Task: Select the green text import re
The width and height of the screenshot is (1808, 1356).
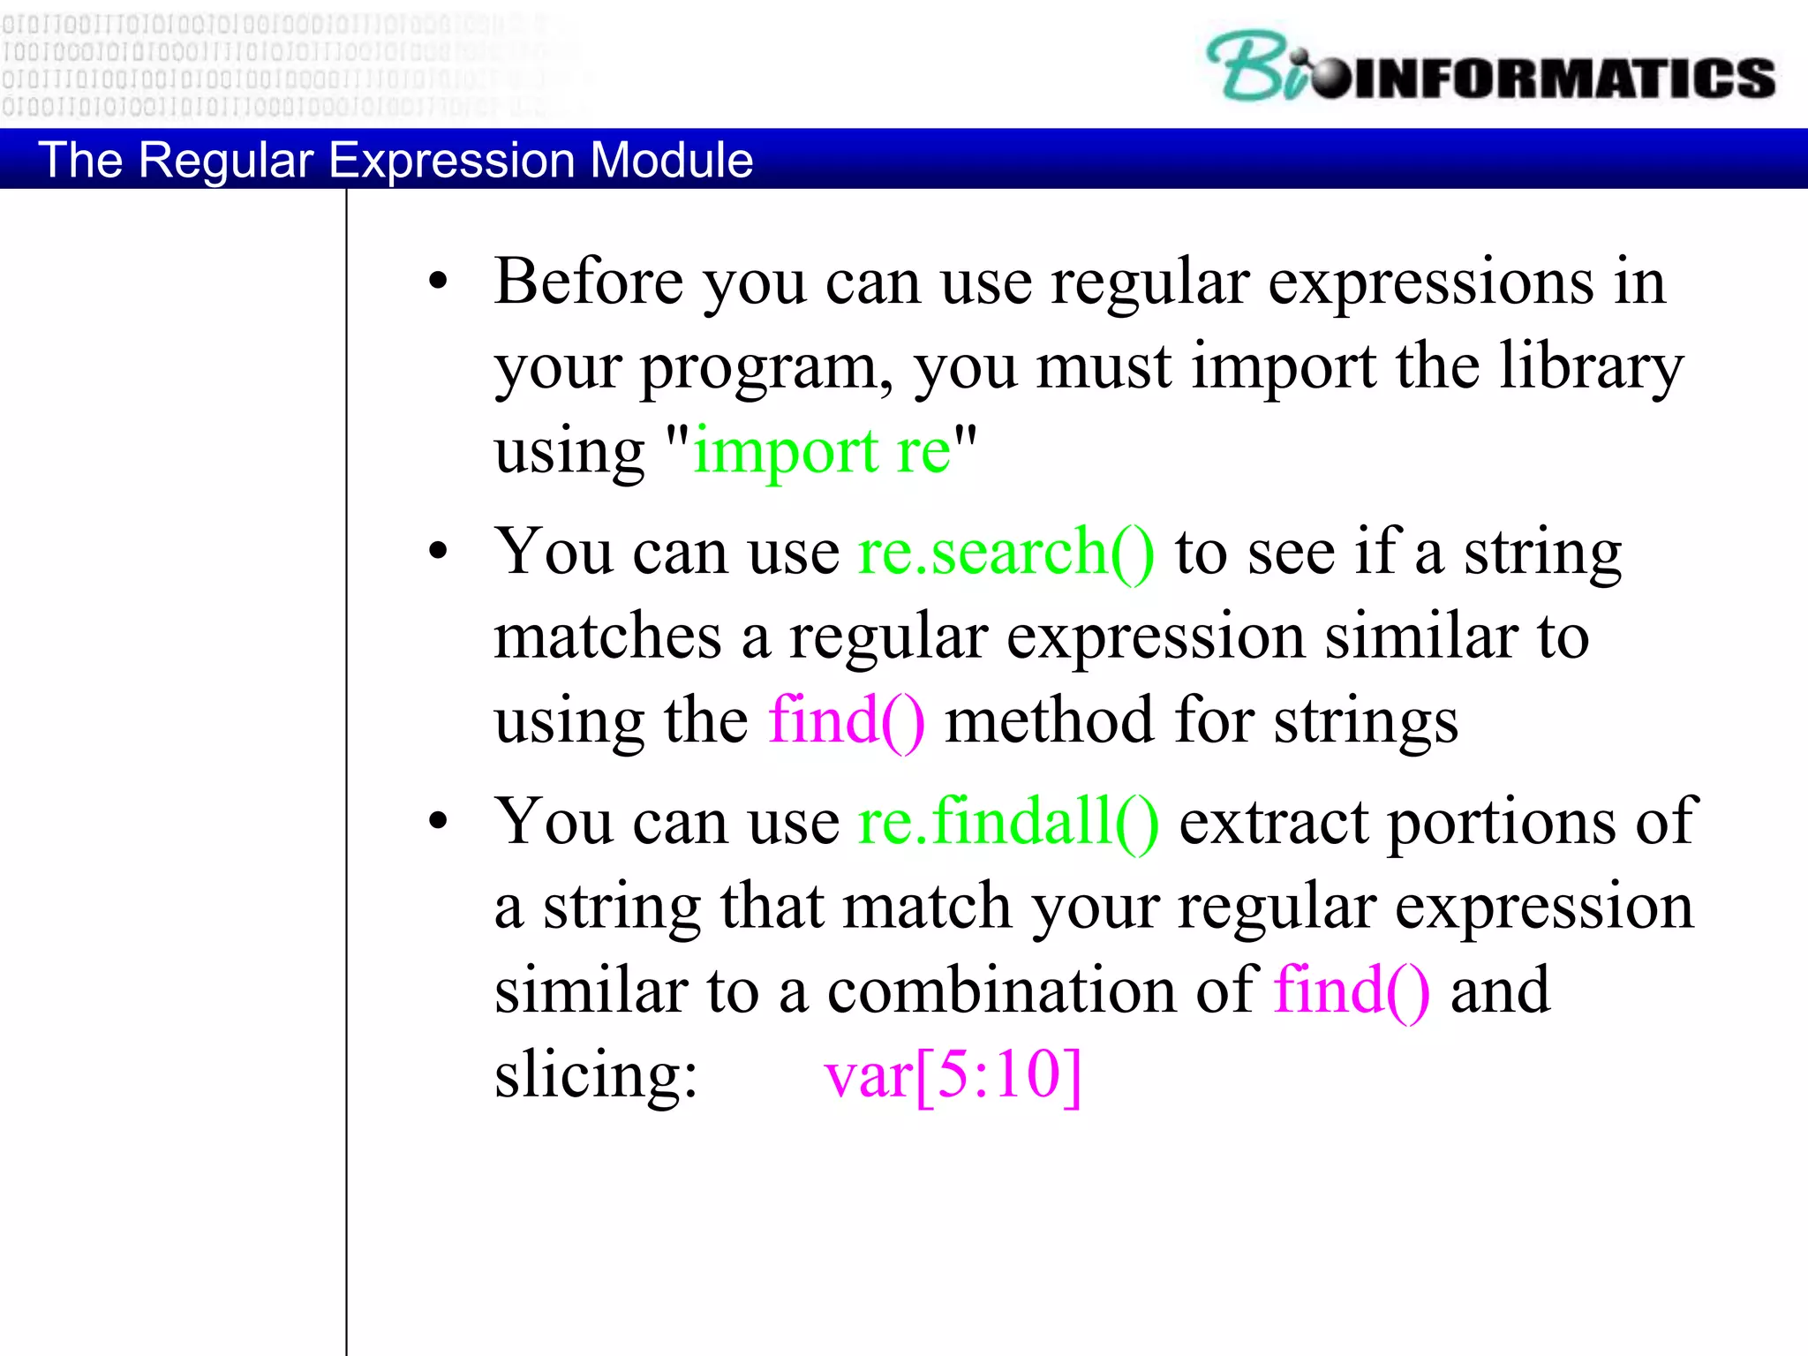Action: click(821, 450)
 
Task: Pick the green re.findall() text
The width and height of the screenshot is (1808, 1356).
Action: click(1008, 822)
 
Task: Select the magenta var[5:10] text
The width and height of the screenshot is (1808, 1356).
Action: click(952, 1075)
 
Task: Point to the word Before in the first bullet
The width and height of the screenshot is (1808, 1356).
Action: click(588, 282)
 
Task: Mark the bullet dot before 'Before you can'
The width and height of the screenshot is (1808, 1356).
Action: click(438, 282)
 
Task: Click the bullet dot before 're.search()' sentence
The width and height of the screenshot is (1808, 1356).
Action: click(438, 553)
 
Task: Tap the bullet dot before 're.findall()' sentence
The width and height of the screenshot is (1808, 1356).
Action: click(438, 822)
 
